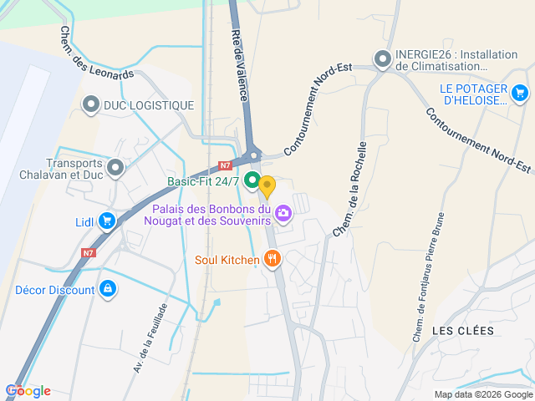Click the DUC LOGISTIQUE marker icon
tap(91, 104)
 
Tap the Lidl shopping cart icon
tap(107, 221)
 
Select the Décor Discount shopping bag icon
tap(107, 289)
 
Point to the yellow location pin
tap(267, 186)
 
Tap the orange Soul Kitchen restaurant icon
tap(272, 259)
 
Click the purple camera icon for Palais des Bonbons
tap(283, 213)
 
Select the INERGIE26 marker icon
tap(383, 58)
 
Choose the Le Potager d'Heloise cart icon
tap(520, 93)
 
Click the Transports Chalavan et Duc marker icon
tap(115, 169)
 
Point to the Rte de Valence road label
tap(239, 63)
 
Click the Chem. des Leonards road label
tap(96, 53)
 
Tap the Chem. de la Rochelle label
tap(350, 188)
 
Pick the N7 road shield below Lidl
tap(89, 252)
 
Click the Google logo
tap(28, 390)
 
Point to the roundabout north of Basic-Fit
tap(254, 155)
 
